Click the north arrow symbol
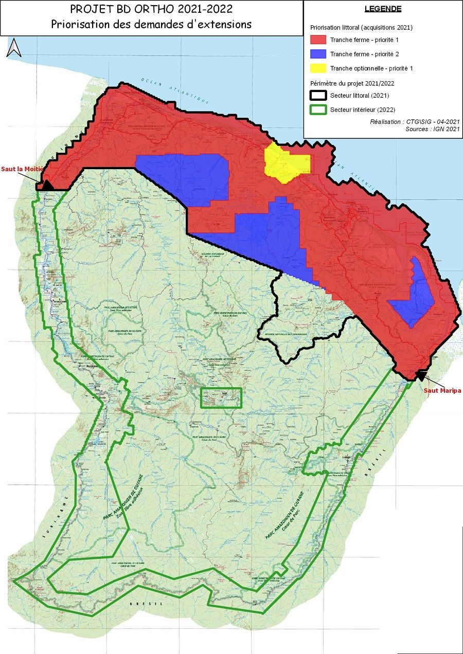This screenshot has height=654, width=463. pyautogui.click(x=14, y=47)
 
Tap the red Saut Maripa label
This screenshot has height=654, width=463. pyautogui.click(x=442, y=390)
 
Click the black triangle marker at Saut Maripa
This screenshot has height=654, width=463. pyautogui.click(x=421, y=376)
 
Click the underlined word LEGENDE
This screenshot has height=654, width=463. pyautogui.click(x=383, y=9)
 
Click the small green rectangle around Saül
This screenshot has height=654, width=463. pyautogui.click(x=221, y=398)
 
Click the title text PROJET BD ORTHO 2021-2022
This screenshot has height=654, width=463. pyautogui.click(x=151, y=10)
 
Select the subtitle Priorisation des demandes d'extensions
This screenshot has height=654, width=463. pyautogui.click(x=151, y=24)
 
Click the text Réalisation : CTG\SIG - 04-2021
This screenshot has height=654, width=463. pyautogui.click(x=415, y=122)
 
